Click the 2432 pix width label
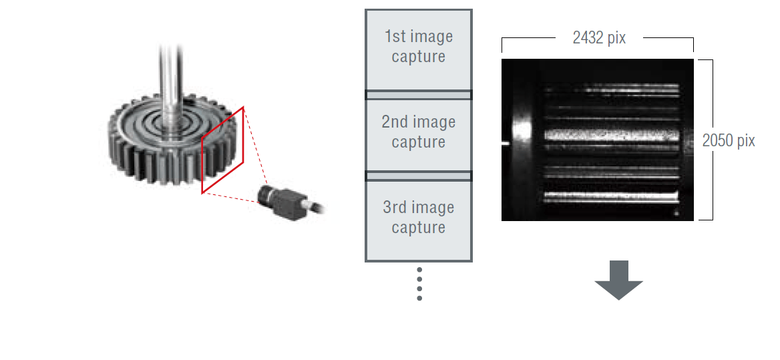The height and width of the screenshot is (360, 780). tap(599, 38)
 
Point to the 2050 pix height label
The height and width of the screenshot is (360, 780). tap(729, 141)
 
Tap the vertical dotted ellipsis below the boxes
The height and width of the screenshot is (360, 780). tap(419, 284)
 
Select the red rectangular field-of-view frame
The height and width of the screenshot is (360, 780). tap(223, 150)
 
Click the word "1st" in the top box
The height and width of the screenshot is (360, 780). tap(395, 37)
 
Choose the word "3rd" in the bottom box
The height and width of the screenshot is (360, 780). tap(395, 208)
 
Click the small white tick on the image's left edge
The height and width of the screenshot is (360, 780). tap(505, 142)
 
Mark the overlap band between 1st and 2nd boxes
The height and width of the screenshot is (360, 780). tap(418, 95)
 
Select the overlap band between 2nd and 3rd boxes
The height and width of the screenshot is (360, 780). tap(418, 176)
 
